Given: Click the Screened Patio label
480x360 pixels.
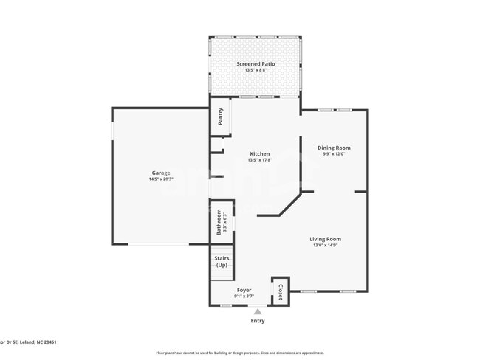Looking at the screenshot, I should click(x=256, y=64).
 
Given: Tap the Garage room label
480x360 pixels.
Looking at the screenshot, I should click(x=160, y=173).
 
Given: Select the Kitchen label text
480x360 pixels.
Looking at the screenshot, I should click(x=259, y=153).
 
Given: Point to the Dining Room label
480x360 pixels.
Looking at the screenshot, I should click(x=334, y=148).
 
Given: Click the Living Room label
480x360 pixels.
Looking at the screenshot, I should click(x=325, y=239).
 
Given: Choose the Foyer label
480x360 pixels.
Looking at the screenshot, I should click(x=244, y=290).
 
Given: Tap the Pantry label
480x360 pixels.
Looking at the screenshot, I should click(x=220, y=117).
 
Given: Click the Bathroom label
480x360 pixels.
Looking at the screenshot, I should click(x=219, y=222).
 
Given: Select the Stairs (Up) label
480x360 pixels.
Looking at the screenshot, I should click(x=222, y=261).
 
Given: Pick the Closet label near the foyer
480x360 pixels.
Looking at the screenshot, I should click(x=280, y=291).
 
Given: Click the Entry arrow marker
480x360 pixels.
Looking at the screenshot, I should click(x=257, y=311).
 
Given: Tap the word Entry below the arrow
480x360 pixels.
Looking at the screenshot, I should click(x=257, y=321).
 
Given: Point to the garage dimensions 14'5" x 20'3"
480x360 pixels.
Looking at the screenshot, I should click(x=160, y=179).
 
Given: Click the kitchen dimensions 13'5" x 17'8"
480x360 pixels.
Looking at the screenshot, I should click(x=259, y=160).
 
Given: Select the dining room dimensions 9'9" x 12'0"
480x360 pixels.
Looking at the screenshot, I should click(x=334, y=154).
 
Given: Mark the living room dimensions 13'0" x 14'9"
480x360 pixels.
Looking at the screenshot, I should click(x=325, y=246).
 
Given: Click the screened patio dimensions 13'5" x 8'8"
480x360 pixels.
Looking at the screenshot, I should click(x=256, y=71).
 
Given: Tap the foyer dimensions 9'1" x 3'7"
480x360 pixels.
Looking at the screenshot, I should click(x=244, y=297).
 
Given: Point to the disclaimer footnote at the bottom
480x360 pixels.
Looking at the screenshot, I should click(x=239, y=353).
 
